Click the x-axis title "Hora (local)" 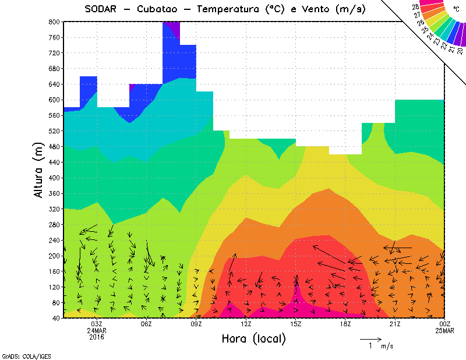pyautogui.click(x=254, y=338)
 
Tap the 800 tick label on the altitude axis pyautogui.click(x=54, y=22)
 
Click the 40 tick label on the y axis pyautogui.click(x=56, y=318)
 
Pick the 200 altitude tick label pyautogui.click(x=54, y=256)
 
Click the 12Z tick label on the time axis pyautogui.click(x=246, y=324)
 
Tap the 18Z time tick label pyautogui.click(x=345, y=324)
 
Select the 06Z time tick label pyautogui.click(x=146, y=324)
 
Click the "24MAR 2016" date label pyautogui.click(x=97, y=333)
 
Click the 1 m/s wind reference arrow pyautogui.click(x=370, y=338)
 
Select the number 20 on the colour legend pyautogui.click(x=460, y=51)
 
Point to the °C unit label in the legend pyautogui.click(x=456, y=9)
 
